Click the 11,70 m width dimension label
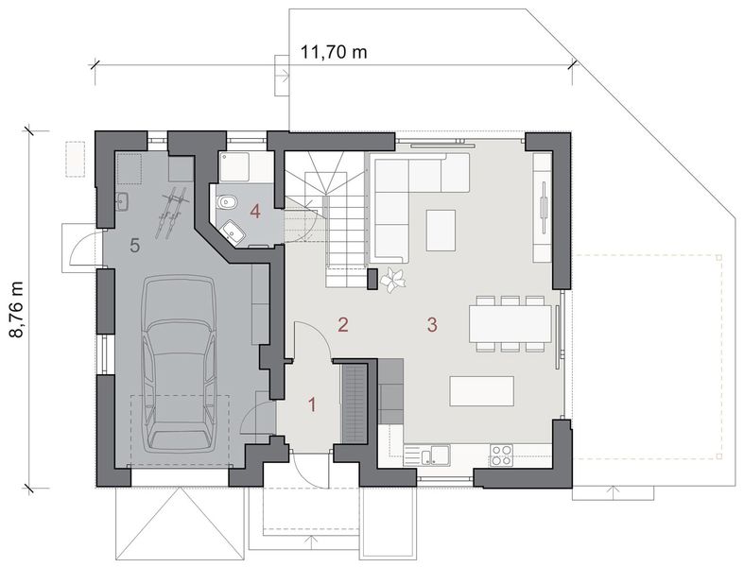pos(334,51)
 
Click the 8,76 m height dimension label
pos(16,308)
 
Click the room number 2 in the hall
pos(343,325)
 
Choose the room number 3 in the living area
pos(432,325)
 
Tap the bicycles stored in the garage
pos(171,210)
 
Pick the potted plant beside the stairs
pos(391,279)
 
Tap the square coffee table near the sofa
pos(441,230)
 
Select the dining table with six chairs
pos(510,324)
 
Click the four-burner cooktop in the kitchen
pos(501,455)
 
